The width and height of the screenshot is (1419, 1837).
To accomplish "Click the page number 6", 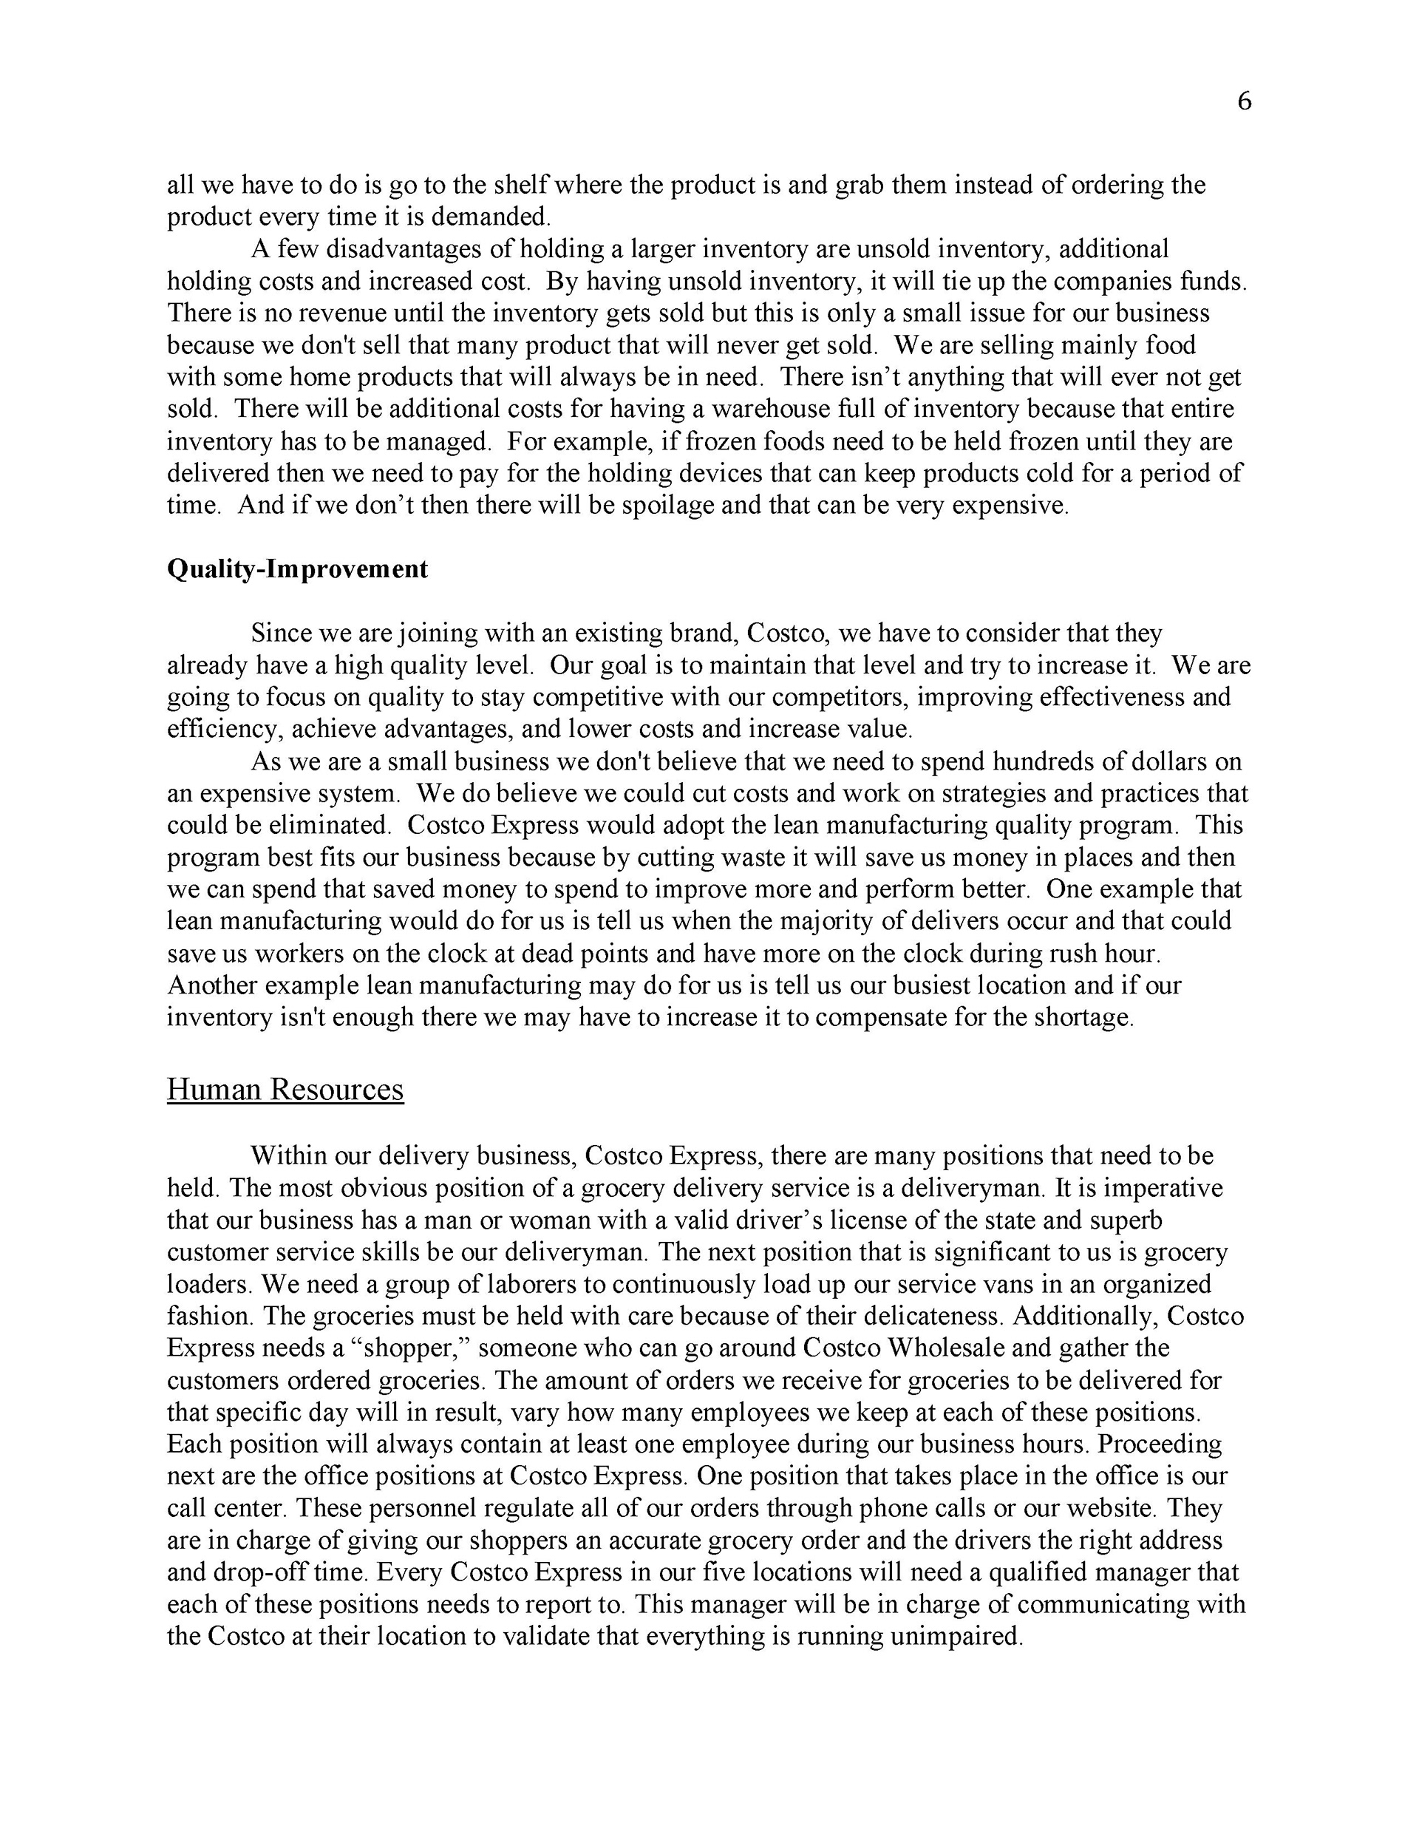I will pyautogui.click(x=1244, y=102).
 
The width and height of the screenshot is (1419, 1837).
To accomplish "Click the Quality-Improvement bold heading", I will pyautogui.click(x=297, y=569).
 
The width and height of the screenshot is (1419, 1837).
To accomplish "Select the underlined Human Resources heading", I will pyautogui.click(x=285, y=1089).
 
